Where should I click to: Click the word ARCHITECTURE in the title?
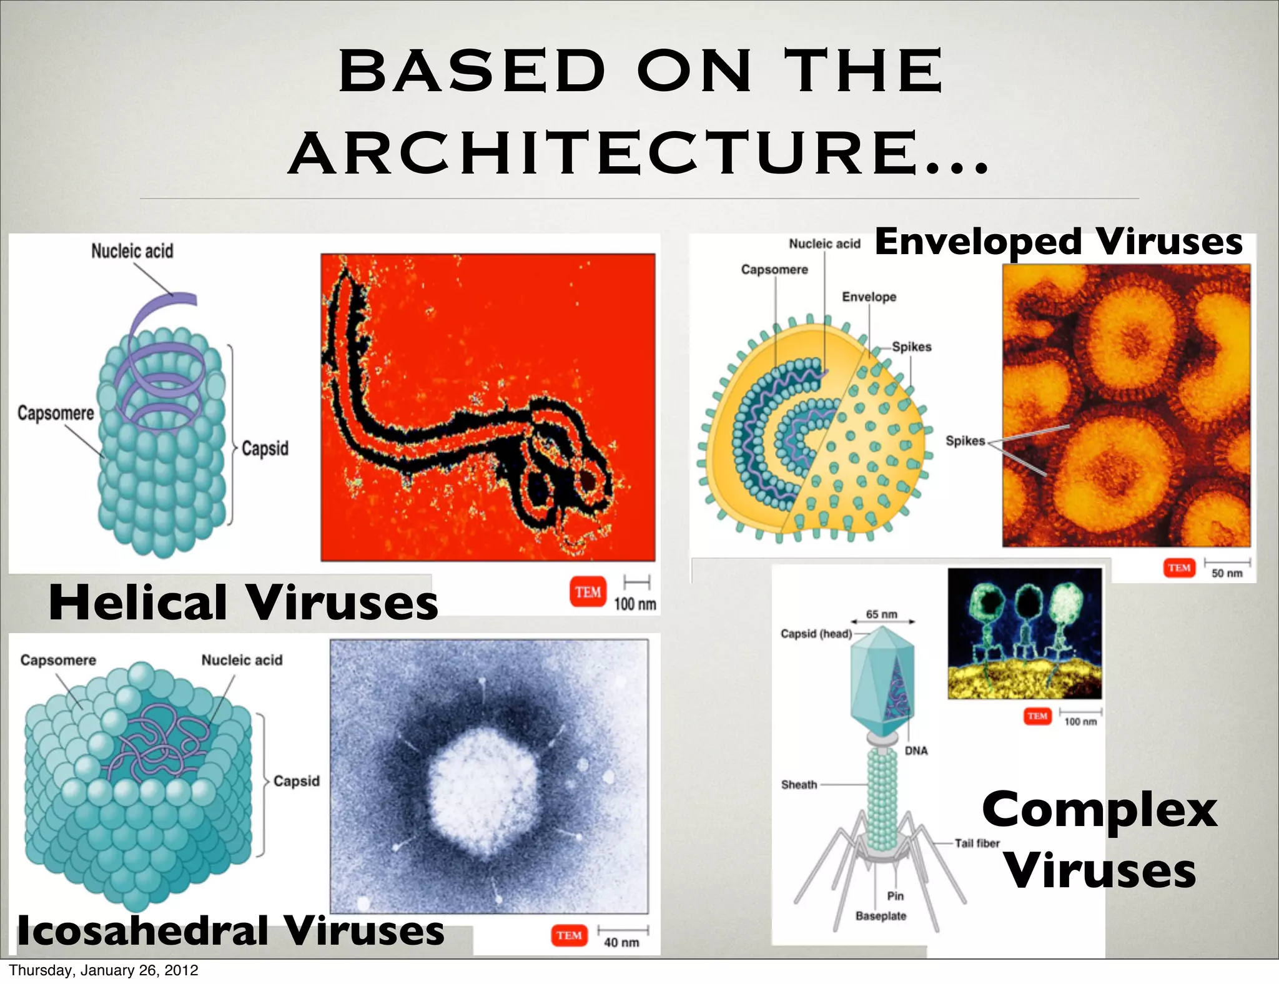tap(638, 154)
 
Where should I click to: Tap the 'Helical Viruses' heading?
tap(244, 603)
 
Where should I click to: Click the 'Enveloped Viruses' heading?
tap(1059, 242)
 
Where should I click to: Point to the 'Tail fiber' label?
tap(977, 843)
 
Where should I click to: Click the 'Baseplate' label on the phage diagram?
tap(881, 916)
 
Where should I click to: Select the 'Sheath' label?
tap(799, 785)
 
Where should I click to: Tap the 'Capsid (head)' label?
tap(816, 634)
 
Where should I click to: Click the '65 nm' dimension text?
tap(881, 614)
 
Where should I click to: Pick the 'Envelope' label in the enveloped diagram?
tap(869, 297)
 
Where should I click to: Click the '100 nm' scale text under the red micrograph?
tap(635, 604)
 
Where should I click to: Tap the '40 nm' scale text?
tap(621, 942)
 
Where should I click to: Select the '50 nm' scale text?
tap(1227, 573)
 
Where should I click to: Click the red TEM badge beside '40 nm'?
tap(569, 935)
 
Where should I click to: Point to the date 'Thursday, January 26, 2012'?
tap(104, 970)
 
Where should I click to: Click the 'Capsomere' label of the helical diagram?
tap(56, 413)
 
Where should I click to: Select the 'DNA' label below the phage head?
tap(916, 750)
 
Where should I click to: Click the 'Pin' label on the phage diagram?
tap(895, 896)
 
